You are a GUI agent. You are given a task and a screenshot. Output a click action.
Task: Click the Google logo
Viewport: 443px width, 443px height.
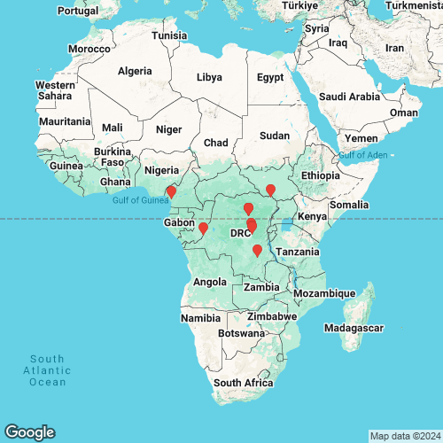[x=28, y=431]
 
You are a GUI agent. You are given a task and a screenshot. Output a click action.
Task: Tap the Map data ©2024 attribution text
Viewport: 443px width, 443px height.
[x=403, y=436]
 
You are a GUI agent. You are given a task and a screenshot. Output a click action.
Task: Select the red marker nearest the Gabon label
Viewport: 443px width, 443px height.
[x=203, y=229]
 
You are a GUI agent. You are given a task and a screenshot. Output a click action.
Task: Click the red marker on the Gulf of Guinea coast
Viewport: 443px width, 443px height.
[x=171, y=191]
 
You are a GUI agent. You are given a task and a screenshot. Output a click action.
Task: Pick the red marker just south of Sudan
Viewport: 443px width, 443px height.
[x=271, y=190]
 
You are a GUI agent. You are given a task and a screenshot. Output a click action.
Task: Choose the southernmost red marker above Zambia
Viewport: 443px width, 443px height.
[x=257, y=251]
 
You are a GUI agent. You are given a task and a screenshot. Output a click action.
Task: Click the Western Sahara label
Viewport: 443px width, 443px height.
[x=54, y=90]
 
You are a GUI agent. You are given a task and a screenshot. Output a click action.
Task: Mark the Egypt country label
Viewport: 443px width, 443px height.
[x=269, y=77]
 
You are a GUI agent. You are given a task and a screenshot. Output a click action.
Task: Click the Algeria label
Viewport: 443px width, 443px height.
[x=135, y=70]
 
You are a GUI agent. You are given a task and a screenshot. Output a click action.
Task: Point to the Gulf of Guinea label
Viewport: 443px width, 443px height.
[x=140, y=200]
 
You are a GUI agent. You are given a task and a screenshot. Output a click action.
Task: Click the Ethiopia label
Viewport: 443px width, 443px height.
[x=319, y=175]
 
